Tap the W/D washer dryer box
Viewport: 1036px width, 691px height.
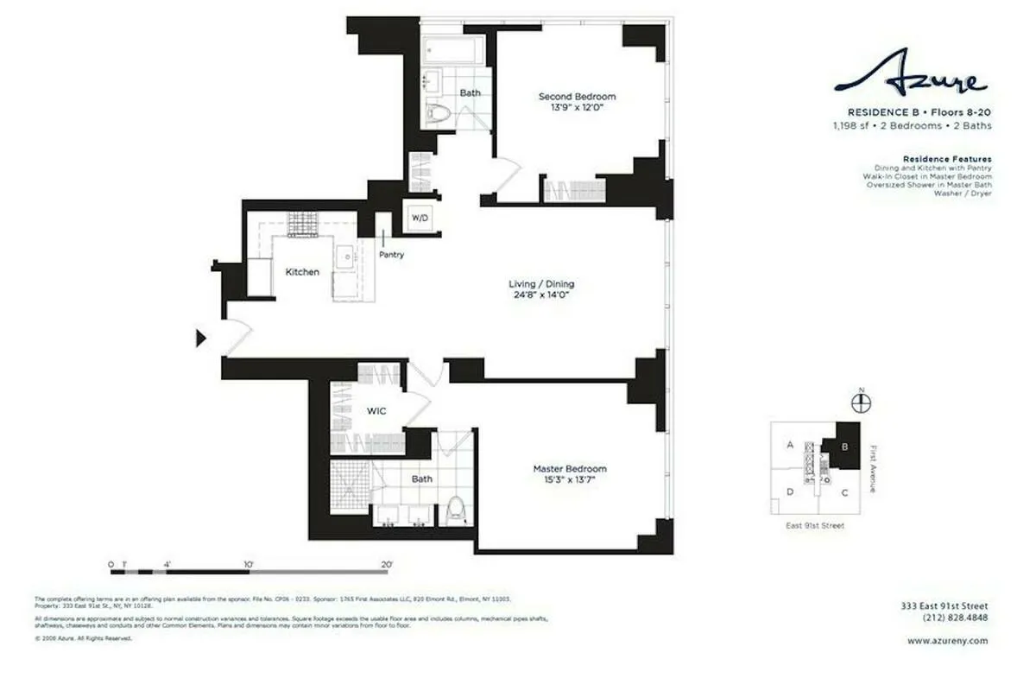click(420, 218)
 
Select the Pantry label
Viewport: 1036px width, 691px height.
click(391, 255)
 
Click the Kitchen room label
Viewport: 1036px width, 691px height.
click(302, 272)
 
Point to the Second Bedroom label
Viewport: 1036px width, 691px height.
click(577, 97)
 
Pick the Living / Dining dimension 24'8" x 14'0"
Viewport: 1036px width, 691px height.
click(540, 295)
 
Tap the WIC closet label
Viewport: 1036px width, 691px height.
click(376, 411)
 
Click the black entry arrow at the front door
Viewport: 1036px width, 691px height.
click(202, 338)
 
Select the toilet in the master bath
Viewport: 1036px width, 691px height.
click(457, 510)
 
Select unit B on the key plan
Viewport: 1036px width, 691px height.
click(845, 446)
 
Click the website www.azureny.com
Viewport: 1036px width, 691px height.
click(948, 641)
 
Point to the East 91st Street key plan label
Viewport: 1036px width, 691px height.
click(816, 525)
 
